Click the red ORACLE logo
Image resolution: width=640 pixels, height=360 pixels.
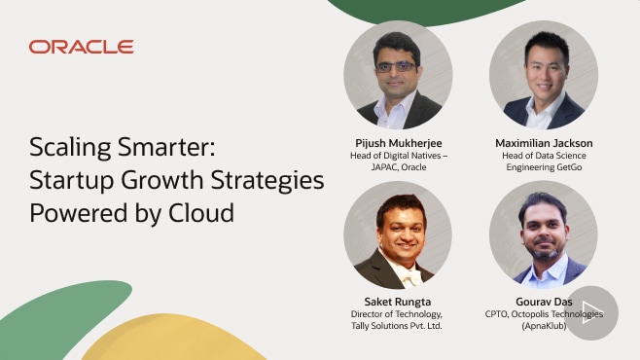pyautogui.click(x=81, y=47)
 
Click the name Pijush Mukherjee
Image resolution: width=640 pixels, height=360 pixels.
pyautogui.click(x=398, y=143)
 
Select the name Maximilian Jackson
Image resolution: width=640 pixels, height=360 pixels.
pyautogui.click(x=544, y=143)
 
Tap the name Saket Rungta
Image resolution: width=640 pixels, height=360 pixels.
pyautogui.click(x=398, y=302)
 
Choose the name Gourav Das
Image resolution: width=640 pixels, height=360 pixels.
pyautogui.click(x=544, y=302)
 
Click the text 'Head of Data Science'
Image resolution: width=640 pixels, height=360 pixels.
pyautogui.click(x=544, y=156)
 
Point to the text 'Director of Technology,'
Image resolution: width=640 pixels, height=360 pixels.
pyautogui.click(x=398, y=314)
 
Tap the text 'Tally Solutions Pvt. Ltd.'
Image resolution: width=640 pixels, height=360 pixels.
pyautogui.click(x=398, y=326)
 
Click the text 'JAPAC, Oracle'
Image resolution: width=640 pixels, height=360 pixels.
pyautogui.click(x=398, y=167)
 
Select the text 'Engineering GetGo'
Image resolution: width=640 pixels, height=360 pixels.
pyautogui.click(x=544, y=167)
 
